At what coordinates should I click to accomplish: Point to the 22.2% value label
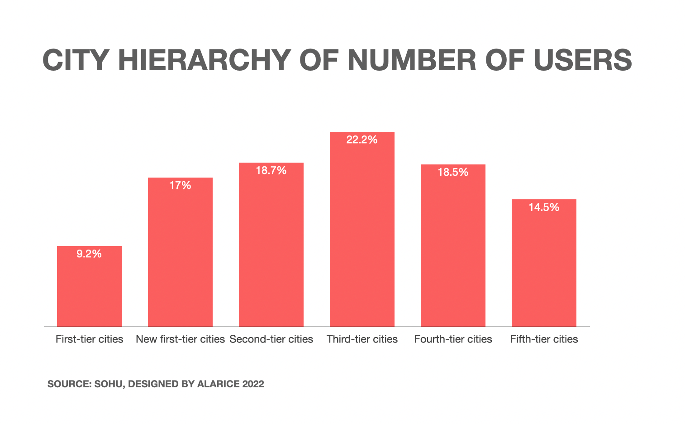tap(362, 140)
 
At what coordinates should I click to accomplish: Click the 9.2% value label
tap(89, 254)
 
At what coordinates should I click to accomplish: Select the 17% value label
tap(181, 185)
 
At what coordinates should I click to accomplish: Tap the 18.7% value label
tap(271, 171)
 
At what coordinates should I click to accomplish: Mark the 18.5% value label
tap(453, 173)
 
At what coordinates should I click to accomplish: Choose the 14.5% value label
tap(544, 207)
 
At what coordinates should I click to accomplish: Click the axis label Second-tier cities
tap(271, 339)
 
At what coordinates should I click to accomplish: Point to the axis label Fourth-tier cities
tap(453, 339)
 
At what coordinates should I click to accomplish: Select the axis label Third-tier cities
tap(362, 339)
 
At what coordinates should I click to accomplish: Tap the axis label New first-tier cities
tap(181, 339)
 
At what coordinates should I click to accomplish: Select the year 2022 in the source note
tap(253, 384)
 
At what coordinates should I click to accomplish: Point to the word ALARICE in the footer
tap(219, 384)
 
